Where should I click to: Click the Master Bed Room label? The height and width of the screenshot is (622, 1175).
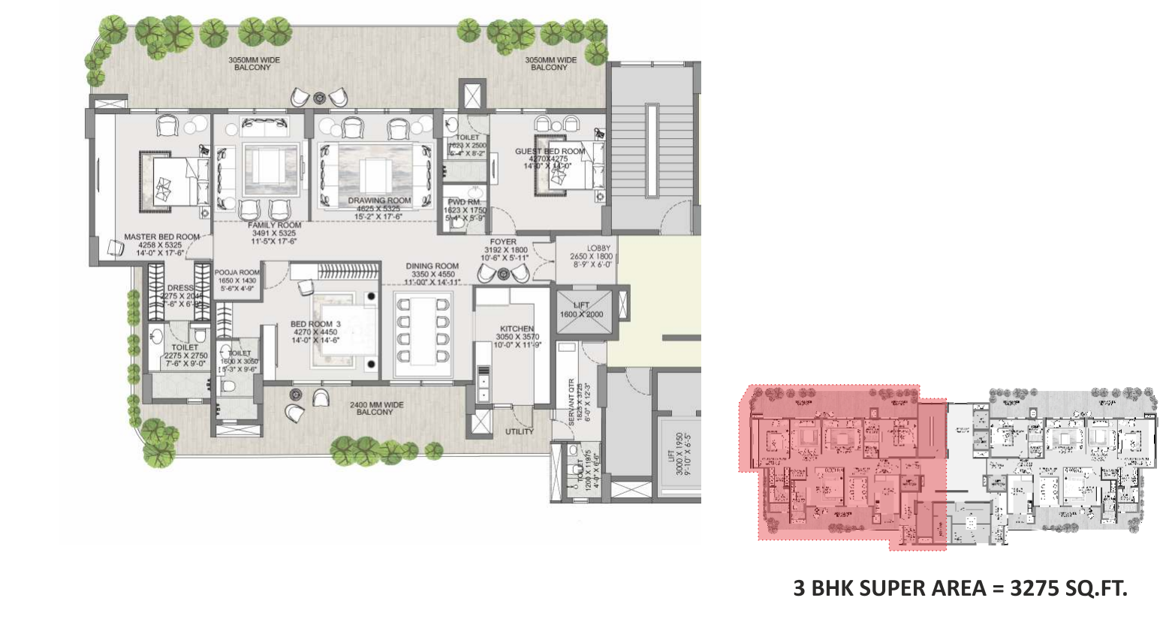[161, 237]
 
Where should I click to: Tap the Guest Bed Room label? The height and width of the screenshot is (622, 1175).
[550, 152]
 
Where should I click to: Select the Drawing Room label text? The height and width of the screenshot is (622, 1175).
[379, 201]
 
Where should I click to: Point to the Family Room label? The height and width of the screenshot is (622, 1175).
[274, 225]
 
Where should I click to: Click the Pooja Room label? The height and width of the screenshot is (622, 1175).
[237, 273]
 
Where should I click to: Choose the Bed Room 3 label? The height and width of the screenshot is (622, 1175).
[315, 324]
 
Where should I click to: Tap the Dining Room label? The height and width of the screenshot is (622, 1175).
[432, 266]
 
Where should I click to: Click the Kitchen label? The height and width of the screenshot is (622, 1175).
[517, 329]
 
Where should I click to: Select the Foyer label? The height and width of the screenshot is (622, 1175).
[503, 242]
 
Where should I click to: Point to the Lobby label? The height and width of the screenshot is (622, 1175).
[598, 248]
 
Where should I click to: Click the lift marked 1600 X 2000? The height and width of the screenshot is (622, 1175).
[582, 309]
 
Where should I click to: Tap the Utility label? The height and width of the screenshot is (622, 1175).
[519, 431]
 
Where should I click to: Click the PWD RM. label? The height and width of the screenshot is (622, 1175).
[465, 202]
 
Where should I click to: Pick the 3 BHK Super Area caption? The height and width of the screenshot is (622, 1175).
[960, 588]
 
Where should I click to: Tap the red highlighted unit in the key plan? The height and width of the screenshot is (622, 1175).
[841, 465]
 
